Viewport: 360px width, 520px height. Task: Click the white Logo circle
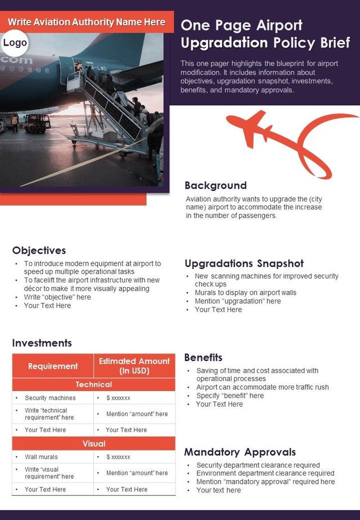(15, 43)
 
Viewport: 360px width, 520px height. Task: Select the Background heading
(215, 185)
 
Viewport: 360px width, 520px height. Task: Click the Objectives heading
(39, 250)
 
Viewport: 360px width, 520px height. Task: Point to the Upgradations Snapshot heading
(244, 263)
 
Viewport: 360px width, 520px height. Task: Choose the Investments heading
(42, 343)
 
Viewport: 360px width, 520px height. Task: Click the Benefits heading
(203, 357)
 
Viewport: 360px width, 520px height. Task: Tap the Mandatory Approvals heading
(240, 452)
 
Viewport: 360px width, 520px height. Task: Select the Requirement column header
(53, 366)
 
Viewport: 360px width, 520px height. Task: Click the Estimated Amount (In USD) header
(134, 366)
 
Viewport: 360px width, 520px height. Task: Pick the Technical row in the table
(94, 384)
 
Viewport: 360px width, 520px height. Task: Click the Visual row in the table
(94, 443)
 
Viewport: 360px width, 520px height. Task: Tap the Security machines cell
(50, 398)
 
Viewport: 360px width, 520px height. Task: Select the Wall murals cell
(41, 457)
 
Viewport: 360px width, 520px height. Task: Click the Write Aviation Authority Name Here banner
(87, 22)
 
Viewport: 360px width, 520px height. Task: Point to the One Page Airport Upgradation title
(265, 34)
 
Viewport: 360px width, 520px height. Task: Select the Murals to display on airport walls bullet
(245, 293)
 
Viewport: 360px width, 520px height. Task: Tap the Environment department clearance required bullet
(265, 473)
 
